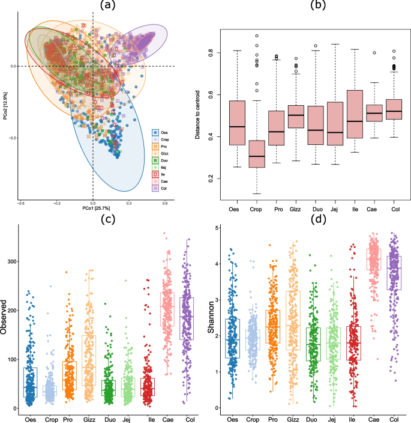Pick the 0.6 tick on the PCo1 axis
pyautogui.click(x=164, y=202)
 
